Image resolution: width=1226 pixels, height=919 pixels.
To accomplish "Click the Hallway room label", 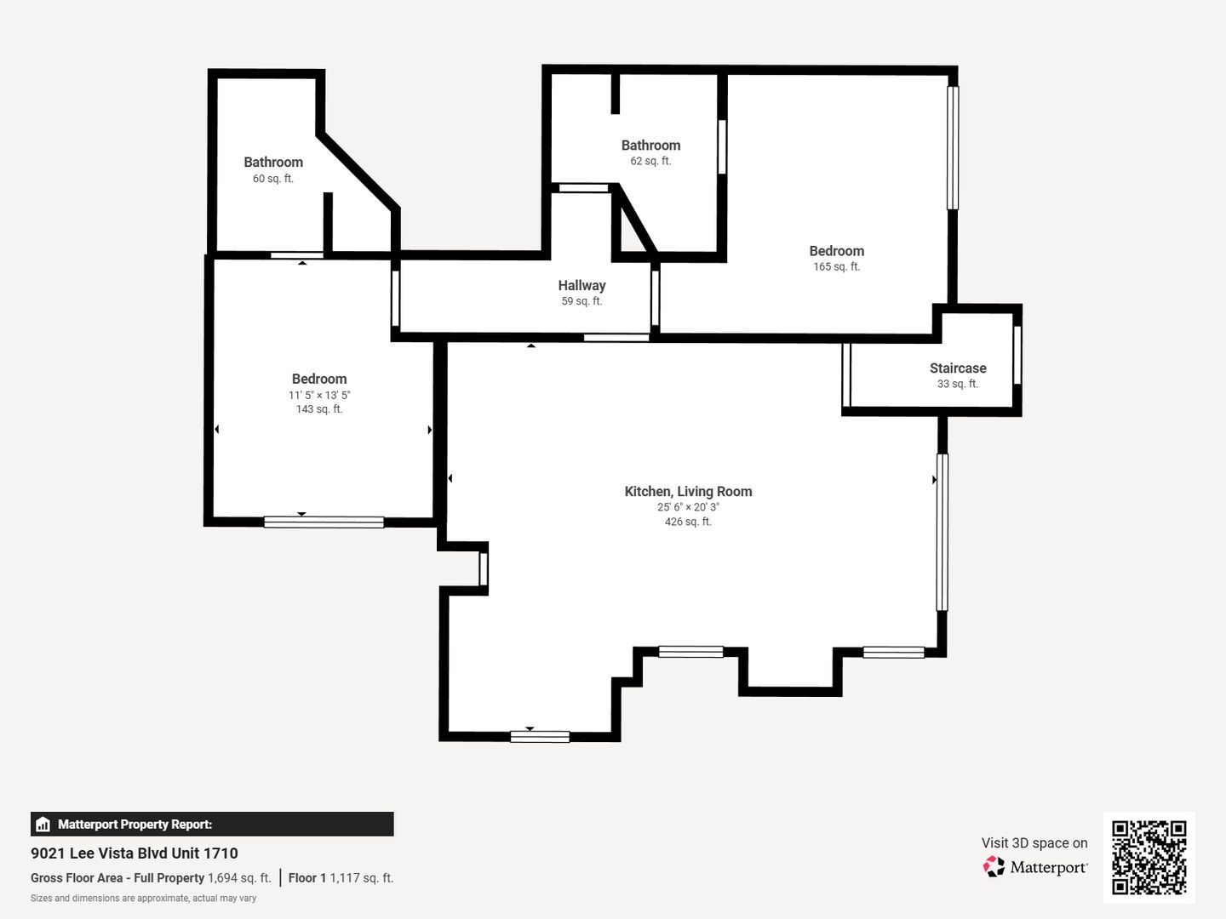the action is coord(581,286).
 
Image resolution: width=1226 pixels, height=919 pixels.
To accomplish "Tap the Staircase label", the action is coord(958,368).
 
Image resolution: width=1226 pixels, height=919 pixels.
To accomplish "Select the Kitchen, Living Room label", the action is coord(688,492).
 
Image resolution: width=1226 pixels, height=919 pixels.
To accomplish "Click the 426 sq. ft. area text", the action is coord(688,522).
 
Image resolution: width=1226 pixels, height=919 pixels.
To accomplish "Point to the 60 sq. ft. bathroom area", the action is coord(273,179).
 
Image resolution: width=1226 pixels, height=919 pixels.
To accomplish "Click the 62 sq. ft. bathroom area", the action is coord(650,162).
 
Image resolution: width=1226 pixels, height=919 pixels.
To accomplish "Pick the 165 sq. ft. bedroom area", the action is coord(837,266).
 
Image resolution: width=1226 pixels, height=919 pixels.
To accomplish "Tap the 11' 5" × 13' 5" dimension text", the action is coord(319,395).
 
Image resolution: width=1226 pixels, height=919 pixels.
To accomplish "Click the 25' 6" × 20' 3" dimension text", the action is coord(688,507).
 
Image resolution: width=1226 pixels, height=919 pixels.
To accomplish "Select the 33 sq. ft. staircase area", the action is coord(958,384).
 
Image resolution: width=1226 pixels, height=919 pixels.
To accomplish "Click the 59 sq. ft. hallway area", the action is coord(581,301).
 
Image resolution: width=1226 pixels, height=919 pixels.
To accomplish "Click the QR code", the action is coord(1149,858).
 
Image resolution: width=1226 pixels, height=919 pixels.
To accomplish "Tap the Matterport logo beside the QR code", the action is coord(1035,867).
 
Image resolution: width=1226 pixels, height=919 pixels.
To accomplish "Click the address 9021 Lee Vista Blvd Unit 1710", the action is coord(134,853).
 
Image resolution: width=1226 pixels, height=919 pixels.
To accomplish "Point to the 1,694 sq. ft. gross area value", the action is coord(239,878).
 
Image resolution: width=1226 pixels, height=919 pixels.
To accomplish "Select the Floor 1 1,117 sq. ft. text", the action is coord(341,878).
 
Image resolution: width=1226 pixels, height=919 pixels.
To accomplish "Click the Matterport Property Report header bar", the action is coord(212,825).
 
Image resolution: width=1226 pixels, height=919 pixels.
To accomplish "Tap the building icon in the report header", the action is coord(43,825).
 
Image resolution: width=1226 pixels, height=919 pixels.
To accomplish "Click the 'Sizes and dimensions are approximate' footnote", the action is coord(144,899).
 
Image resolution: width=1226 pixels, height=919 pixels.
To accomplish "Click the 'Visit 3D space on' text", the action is coord(1034,843).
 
